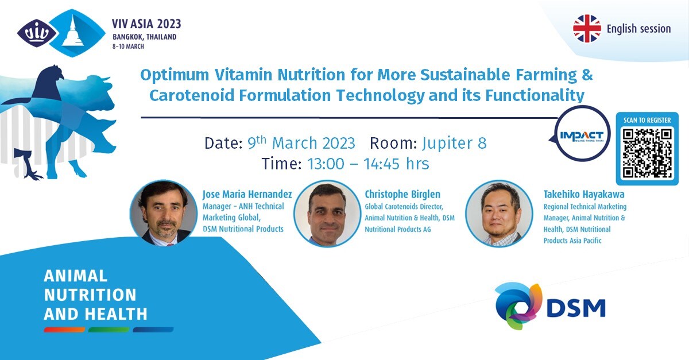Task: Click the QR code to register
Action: [x=647, y=153]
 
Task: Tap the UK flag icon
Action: [x=587, y=28]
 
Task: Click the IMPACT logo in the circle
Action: [x=582, y=136]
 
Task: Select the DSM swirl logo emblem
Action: [x=518, y=306]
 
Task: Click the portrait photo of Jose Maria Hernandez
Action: [x=163, y=213]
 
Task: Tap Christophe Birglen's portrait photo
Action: [x=327, y=214]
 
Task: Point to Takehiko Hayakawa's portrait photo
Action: [x=499, y=214]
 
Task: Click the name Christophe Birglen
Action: [x=402, y=195]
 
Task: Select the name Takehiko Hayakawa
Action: [x=584, y=195]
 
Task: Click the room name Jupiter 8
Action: [x=454, y=143]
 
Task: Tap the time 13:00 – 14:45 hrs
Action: [x=368, y=164]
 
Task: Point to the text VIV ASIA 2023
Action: [x=146, y=24]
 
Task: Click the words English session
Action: [x=638, y=29]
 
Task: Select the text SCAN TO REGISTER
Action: [x=647, y=121]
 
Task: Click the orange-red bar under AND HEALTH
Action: [x=64, y=330]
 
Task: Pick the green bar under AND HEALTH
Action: [x=109, y=330]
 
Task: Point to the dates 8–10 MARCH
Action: [x=128, y=47]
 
